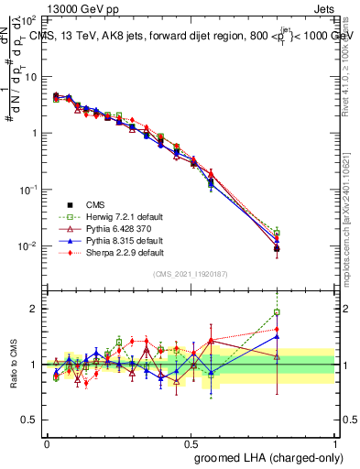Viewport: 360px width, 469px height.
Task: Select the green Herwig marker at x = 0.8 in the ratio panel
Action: click(277, 312)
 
